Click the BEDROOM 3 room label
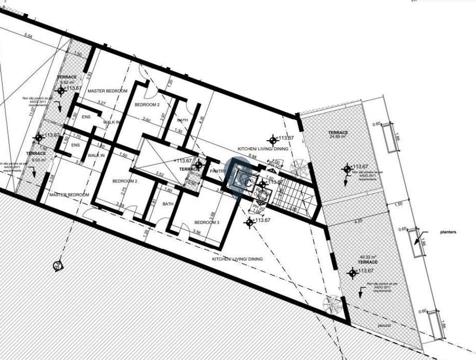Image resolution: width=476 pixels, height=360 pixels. pos(207,223)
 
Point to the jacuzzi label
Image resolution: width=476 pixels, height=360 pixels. pos(383,326)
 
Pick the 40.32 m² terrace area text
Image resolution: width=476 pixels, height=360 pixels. pos(367,257)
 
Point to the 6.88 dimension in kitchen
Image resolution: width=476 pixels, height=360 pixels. pos(252,156)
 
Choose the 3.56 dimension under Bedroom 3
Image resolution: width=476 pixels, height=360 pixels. pos(197,232)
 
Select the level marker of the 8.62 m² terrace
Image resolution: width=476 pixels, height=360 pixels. pos(61,90)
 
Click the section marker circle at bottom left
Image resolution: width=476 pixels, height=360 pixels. pos(58,265)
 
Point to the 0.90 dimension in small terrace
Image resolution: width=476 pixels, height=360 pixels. pos(192,182)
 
